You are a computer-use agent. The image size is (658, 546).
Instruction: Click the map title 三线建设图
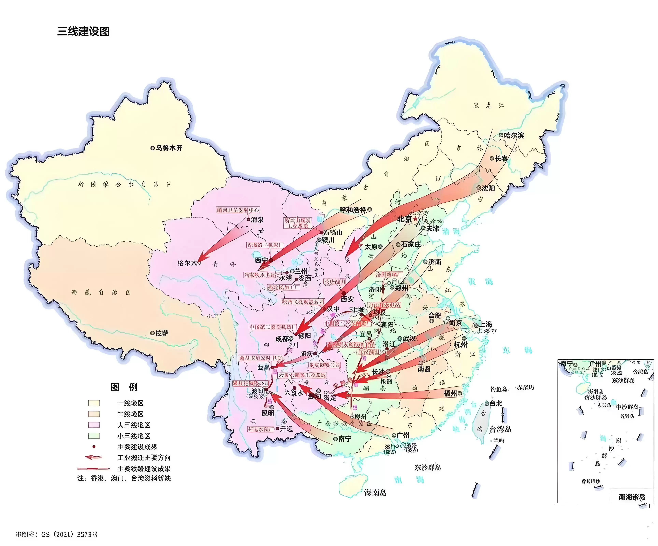(x=83, y=31)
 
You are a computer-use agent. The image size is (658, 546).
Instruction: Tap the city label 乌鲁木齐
(x=169, y=148)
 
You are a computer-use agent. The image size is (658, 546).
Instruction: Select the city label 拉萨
(x=162, y=333)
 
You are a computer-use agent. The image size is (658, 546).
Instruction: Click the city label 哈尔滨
(x=514, y=135)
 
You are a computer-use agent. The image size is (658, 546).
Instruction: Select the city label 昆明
(x=268, y=413)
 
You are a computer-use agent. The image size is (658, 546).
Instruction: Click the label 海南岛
(x=375, y=492)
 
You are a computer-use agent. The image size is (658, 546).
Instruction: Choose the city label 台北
(x=496, y=403)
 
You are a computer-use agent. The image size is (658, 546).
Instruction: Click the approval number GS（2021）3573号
(x=57, y=534)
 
